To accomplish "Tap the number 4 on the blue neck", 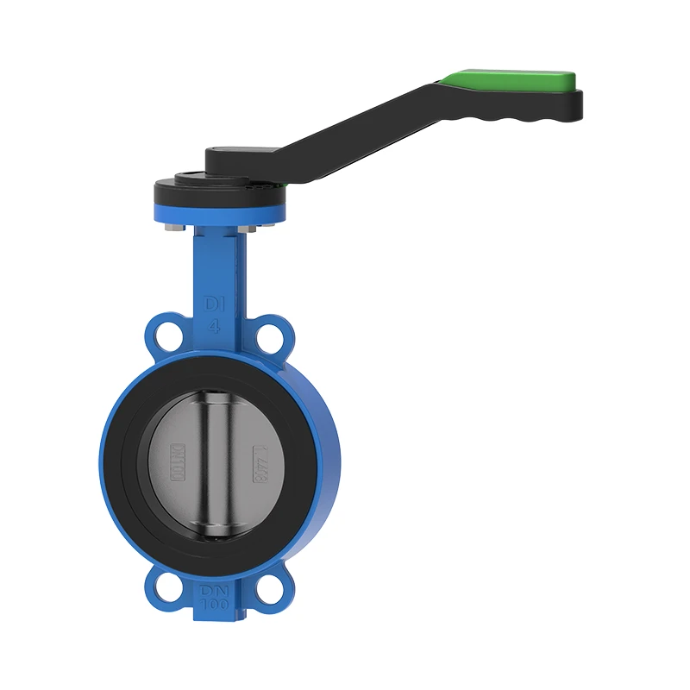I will (213, 326).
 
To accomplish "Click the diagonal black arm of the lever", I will (345, 125).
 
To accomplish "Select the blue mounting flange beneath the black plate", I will (220, 212).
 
